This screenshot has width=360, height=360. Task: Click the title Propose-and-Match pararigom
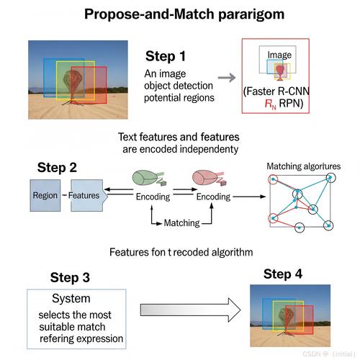[x=184, y=14]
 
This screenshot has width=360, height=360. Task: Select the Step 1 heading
[x=166, y=56]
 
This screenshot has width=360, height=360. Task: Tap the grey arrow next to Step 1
[x=227, y=78]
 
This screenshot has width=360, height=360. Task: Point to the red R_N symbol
[x=271, y=104]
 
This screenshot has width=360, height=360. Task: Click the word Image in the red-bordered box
[x=279, y=55]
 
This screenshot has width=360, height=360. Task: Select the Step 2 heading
[x=57, y=167]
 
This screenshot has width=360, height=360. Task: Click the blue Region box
[x=45, y=195]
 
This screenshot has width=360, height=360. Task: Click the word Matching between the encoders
[x=181, y=223]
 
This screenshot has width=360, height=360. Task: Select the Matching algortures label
[x=304, y=166]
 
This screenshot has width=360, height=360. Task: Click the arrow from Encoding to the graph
[x=249, y=197]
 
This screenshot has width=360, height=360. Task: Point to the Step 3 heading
[x=70, y=277]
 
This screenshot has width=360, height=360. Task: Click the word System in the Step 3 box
[x=71, y=299]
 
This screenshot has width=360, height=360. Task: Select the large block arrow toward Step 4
[x=190, y=310]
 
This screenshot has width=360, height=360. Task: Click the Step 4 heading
[x=283, y=274]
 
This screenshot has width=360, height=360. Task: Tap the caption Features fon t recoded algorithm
[x=181, y=252]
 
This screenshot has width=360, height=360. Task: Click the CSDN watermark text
[x=329, y=354]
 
